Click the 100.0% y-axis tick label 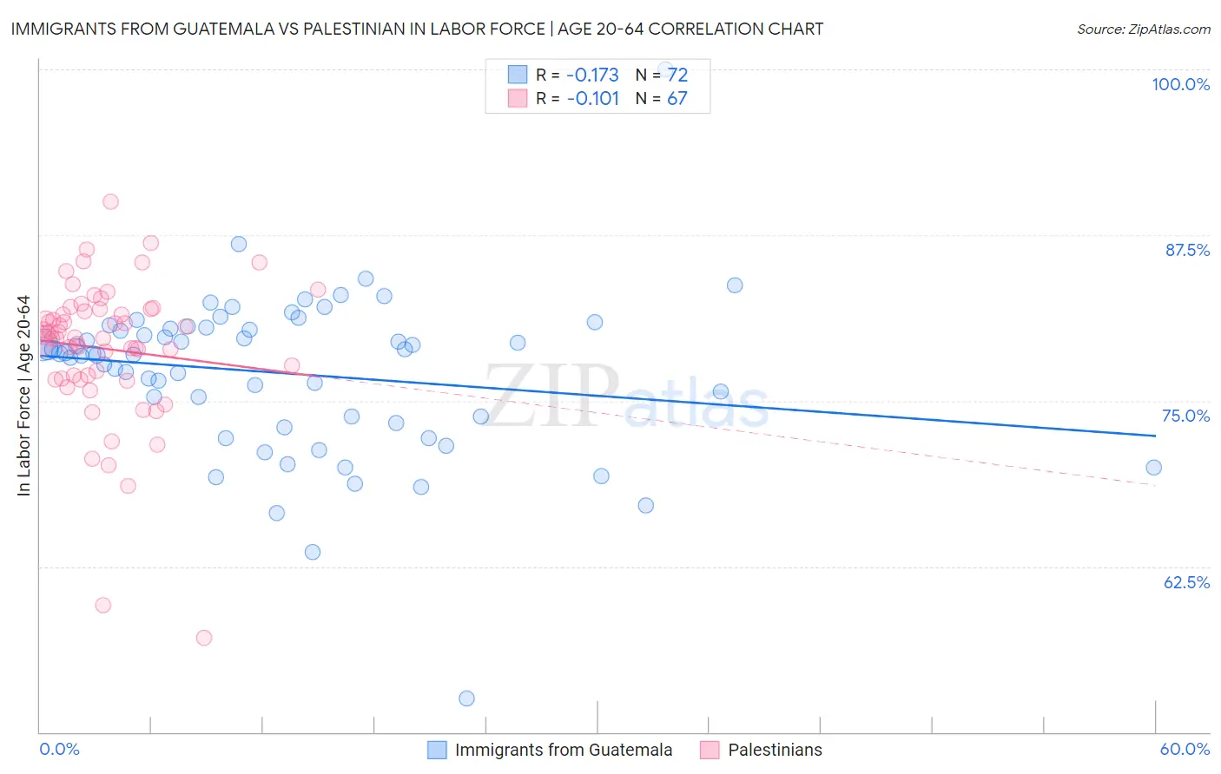coord(1180,84)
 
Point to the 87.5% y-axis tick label coord(1187,250)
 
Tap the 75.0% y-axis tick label coord(1185,416)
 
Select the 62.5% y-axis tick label coord(1186,582)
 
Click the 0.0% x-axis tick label coord(59,749)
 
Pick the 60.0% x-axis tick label coord(1185,749)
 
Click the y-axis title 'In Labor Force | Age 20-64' coord(23,396)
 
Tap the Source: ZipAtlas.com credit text coord(1143,30)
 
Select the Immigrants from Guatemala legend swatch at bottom coord(437,750)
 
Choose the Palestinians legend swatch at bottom coord(709,750)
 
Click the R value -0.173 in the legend coord(592,75)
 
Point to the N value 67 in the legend coord(676,98)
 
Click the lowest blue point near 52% coord(466,699)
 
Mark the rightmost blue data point coord(1153,468)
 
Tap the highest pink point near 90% coord(110,201)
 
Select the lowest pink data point coord(204,638)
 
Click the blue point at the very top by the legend coord(665,69)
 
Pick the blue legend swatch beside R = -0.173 coord(518,75)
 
